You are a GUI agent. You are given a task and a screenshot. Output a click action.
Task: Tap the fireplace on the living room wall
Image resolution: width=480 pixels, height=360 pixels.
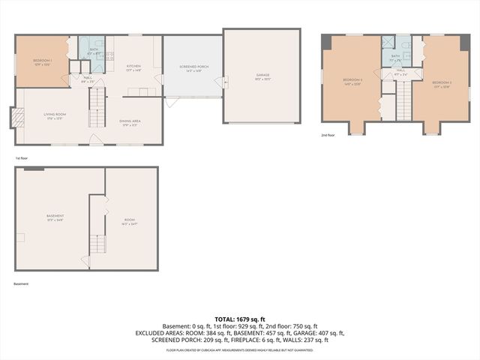(13, 117)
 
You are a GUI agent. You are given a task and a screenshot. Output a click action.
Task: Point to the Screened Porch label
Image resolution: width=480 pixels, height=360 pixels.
(193, 68)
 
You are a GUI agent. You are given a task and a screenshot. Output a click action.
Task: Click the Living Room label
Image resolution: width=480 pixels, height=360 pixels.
(52, 116)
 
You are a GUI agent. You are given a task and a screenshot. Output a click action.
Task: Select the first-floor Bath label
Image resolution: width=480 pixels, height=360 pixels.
(94, 52)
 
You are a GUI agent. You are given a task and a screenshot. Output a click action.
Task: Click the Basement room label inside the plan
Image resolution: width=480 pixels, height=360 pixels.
(55, 217)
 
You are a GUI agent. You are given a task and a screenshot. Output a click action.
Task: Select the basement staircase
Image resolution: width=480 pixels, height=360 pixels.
(96, 244)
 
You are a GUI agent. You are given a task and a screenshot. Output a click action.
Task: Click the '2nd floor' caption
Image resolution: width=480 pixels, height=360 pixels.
(328, 135)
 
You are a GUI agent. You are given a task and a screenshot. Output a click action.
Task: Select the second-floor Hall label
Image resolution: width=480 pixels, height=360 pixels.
(400, 73)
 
